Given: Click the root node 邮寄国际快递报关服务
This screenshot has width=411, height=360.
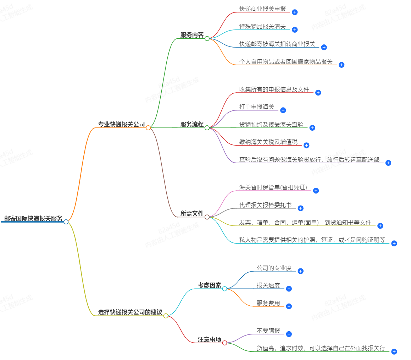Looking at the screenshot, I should click(33, 218).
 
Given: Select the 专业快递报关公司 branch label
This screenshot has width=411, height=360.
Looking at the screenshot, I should click(121, 124).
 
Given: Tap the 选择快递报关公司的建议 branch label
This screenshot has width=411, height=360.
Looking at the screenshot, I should click(130, 312).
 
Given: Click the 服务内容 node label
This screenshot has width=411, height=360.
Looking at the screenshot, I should click(192, 35).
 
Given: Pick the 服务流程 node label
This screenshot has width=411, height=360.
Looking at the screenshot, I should click(192, 124).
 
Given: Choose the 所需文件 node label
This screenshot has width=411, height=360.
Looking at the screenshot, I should click(192, 213).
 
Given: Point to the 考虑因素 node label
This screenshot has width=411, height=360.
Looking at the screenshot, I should click(209, 285).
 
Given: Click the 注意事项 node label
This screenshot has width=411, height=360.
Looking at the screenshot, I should click(209, 339).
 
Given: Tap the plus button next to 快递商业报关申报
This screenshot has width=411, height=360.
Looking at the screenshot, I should click(295, 12).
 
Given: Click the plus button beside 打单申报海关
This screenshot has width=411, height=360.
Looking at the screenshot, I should click(283, 110).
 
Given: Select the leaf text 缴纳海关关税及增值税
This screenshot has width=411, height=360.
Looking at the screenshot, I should click(268, 142).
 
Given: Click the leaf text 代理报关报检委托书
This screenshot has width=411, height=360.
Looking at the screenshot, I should click(265, 205).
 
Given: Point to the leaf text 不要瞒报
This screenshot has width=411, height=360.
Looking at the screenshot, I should click(268, 331).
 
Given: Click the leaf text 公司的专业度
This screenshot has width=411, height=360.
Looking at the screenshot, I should click(274, 268).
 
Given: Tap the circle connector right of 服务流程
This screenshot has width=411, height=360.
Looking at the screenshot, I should click(207, 128).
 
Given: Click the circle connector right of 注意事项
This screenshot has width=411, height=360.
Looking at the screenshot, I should click(224, 343).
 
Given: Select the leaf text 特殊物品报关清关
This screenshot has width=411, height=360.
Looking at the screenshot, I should click(262, 27).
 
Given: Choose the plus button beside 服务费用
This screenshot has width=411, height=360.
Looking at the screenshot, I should click(289, 306).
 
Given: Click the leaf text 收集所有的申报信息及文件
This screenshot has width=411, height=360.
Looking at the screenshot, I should click(274, 89).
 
